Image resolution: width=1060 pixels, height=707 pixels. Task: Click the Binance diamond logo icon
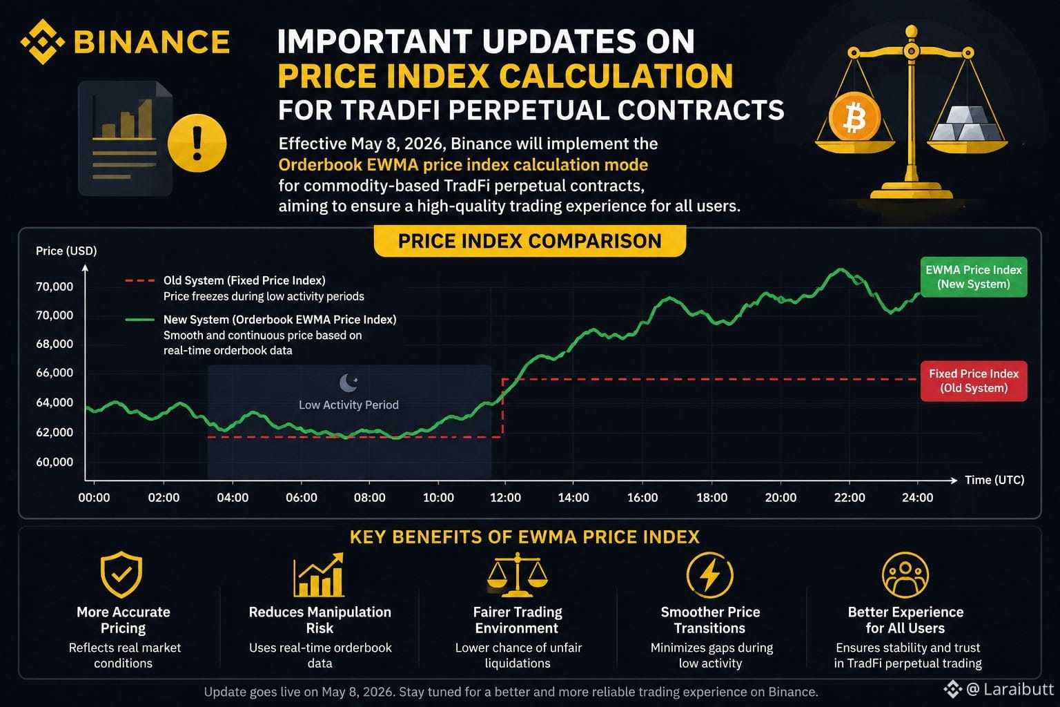click(43, 41)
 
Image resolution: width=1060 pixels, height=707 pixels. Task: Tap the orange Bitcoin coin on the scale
click(854, 117)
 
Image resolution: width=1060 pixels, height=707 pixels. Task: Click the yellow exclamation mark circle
click(197, 143)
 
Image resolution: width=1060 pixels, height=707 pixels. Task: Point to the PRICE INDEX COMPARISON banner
click(529, 241)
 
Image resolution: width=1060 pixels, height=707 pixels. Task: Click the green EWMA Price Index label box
click(974, 277)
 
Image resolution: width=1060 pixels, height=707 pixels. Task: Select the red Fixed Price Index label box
click(974, 381)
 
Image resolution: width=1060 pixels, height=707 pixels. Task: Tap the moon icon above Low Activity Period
click(349, 382)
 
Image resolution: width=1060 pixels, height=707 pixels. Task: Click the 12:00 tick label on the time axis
click(505, 498)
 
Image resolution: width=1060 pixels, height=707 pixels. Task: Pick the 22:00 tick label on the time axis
click(850, 498)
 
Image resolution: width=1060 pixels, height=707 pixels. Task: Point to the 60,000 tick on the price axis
click(55, 462)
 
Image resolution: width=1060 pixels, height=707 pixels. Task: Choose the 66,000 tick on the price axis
click(55, 373)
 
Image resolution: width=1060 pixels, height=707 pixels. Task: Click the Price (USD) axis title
click(66, 251)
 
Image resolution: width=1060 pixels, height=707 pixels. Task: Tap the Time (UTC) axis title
click(994, 480)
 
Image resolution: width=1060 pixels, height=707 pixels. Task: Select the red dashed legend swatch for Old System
click(140, 281)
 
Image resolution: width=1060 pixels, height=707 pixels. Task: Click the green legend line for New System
click(140, 320)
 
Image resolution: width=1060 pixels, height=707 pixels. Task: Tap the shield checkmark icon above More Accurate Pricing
click(121, 574)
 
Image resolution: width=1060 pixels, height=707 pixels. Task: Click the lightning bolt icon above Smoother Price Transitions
click(710, 575)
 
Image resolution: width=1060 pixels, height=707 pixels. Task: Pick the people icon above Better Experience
click(905, 575)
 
